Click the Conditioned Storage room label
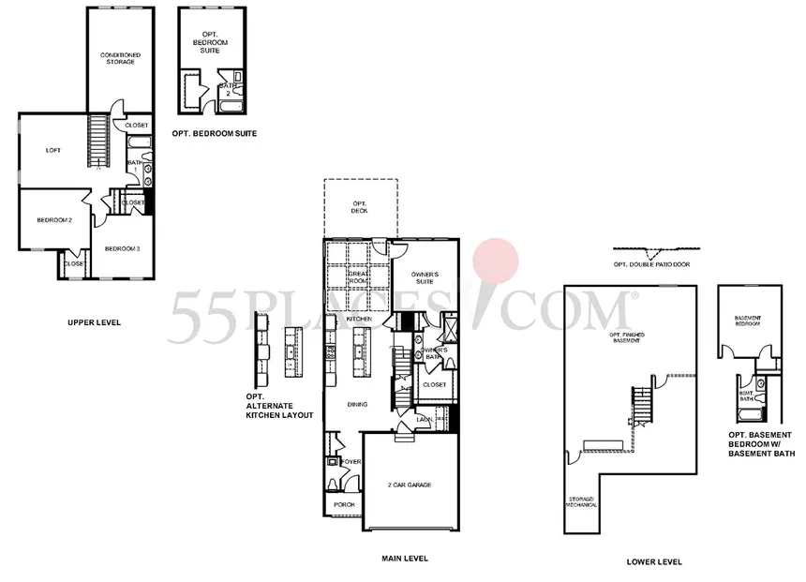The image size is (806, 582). click(121, 58)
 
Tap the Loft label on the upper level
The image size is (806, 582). click(53, 149)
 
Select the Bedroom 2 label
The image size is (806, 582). click(54, 220)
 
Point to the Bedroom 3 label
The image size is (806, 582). click(122, 248)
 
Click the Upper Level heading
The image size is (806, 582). click(94, 322)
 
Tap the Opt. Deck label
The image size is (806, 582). click(360, 207)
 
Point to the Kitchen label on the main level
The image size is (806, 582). click(360, 320)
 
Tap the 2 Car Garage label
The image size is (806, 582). click(409, 485)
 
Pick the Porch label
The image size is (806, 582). click(345, 505)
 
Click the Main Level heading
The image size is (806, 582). click(404, 559)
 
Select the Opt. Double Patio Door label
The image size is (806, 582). click(651, 264)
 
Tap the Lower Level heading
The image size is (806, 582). click(654, 562)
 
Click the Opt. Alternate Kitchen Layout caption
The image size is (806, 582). click(278, 405)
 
